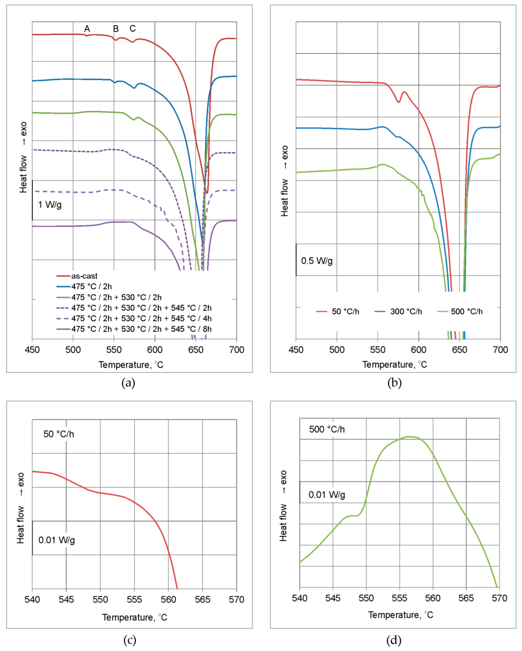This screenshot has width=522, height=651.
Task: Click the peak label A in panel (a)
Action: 87,29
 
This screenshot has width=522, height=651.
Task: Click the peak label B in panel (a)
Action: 116,29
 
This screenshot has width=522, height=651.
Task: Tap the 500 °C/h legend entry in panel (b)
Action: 466,311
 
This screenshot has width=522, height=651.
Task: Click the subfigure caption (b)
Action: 394,383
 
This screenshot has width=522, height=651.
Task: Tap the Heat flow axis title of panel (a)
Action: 23,157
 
